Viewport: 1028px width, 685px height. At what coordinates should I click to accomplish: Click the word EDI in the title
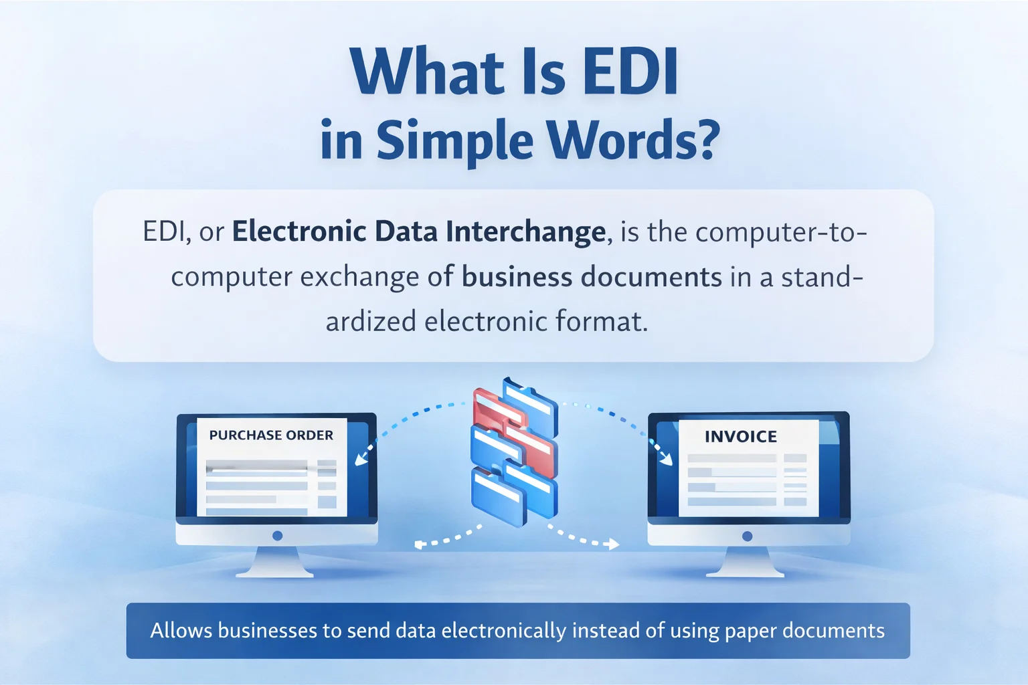[x=630, y=72]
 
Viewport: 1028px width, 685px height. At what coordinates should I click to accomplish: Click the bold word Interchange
[x=525, y=232]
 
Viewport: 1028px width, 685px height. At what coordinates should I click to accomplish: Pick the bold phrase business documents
[x=592, y=277]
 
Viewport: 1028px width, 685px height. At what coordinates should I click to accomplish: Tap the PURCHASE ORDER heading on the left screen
[x=271, y=435]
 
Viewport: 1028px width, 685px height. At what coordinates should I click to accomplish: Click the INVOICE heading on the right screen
[x=741, y=437]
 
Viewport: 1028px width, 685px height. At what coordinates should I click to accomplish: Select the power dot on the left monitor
[x=278, y=536]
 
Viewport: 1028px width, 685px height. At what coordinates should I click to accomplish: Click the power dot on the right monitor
[x=748, y=536]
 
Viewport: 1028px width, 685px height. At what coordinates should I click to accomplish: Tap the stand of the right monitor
[x=745, y=563]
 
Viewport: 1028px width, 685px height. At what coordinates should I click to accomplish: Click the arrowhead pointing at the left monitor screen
[x=359, y=460]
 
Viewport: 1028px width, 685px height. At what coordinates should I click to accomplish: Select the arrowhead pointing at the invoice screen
[x=667, y=460]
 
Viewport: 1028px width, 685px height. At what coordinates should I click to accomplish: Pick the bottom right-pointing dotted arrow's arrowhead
[x=612, y=545]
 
